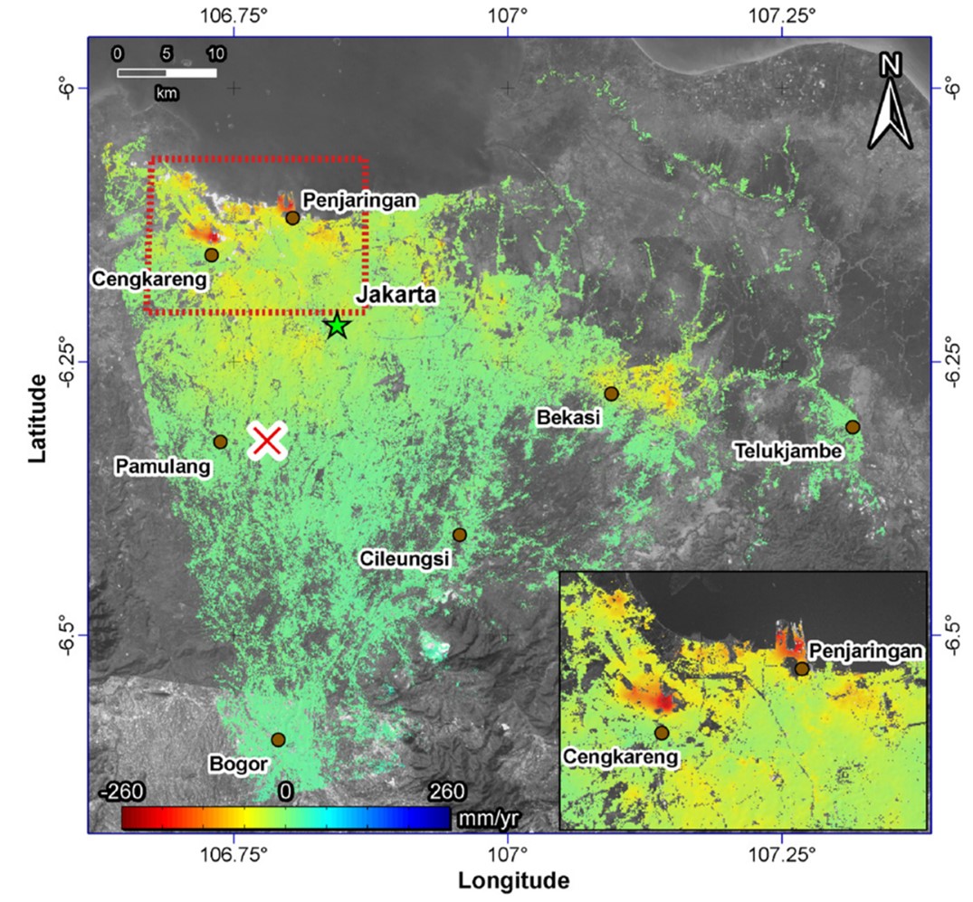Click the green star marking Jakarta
click(x=337, y=325)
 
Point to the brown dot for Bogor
click(x=278, y=740)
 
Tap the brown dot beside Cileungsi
click(x=460, y=535)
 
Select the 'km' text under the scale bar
click(x=166, y=92)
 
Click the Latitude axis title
click(x=37, y=418)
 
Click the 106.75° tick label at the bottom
click(x=235, y=854)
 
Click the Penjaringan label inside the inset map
click(x=865, y=650)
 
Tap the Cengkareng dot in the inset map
click(x=662, y=733)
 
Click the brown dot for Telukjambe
click(x=852, y=427)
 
